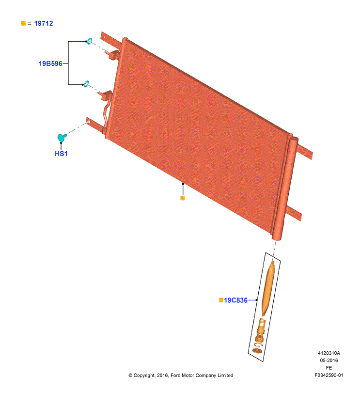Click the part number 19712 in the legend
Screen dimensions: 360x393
pos(43,23)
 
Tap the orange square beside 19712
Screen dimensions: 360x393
pos(23,23)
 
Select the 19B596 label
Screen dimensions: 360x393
pos(50,63)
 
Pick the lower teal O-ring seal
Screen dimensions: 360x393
pos(86,84)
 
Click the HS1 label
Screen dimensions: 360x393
pos(61,154)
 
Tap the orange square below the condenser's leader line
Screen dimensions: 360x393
pos(183,198)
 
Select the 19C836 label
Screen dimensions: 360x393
pos(236,300)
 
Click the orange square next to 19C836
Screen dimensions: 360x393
pos(221,300)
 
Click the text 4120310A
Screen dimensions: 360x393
pos(330,353)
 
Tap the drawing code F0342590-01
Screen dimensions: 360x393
pos(329,375)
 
